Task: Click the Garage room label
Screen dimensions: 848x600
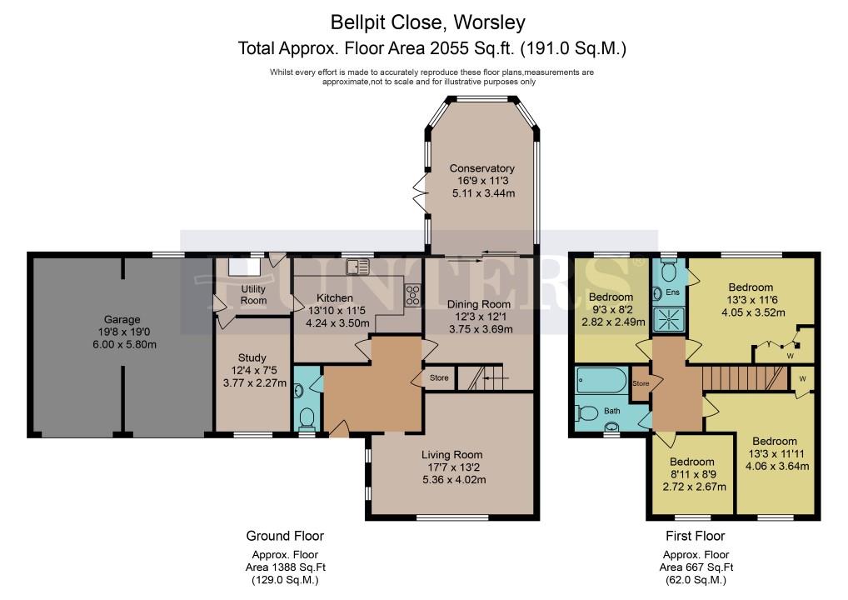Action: click(122, 320)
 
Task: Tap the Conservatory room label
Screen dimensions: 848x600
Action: click(481, 168)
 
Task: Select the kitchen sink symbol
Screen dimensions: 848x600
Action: click(358, 267)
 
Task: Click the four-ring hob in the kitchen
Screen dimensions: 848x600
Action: click(412, 295)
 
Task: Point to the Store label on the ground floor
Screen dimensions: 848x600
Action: click(439, 377)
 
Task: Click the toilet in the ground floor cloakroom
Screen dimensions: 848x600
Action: click(307, 417)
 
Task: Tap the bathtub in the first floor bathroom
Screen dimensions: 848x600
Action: click(601, 380)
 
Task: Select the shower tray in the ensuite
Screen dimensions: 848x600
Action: click(669, 319)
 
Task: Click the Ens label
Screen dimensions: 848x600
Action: click(672, 292)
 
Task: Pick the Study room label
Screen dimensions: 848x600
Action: click(252, 357)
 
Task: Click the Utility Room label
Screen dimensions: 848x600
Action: click(253, 294)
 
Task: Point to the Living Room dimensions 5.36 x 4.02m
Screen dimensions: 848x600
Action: click(454, 479)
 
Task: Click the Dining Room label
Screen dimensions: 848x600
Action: click(479, 304)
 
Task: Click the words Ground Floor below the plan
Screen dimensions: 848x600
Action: click(285, 536)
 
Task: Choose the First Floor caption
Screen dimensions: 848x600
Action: click(695, 536)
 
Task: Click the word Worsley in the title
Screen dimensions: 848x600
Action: click(490, 22)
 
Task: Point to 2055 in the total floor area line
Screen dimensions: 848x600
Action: click(449, 48)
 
